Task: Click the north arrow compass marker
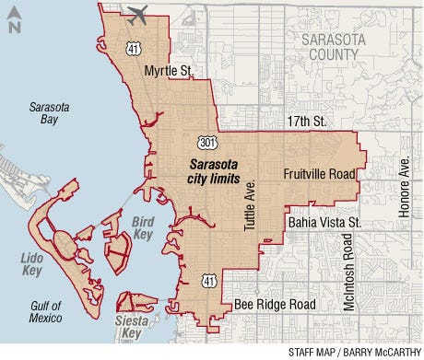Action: (14, 20)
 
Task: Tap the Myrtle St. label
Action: (174, 71)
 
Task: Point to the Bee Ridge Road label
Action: (274, 305)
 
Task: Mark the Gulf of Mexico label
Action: (42, 312)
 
